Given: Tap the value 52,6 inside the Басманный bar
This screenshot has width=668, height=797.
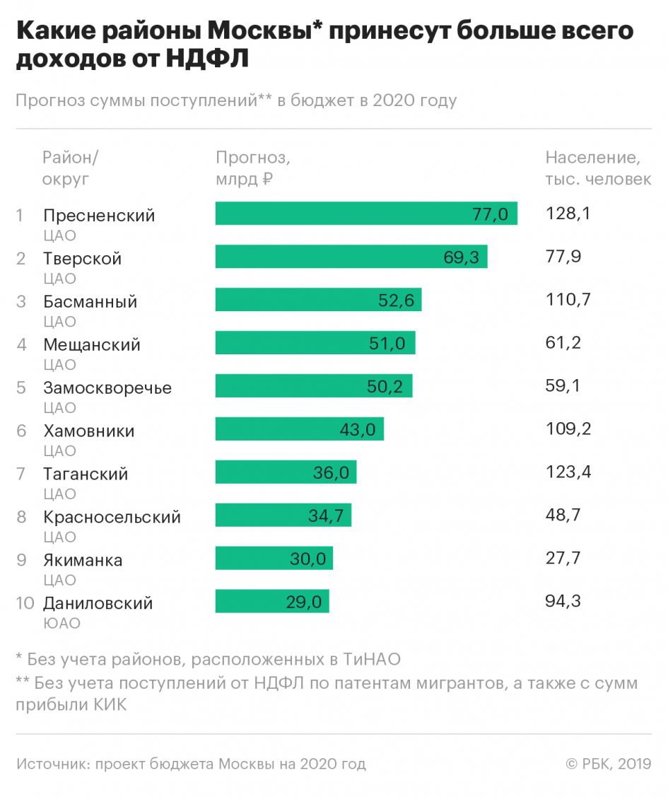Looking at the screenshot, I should [396, 301].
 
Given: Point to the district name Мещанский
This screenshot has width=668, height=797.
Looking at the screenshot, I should [92, 344].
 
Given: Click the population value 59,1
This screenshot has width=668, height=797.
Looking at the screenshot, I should [563, 387].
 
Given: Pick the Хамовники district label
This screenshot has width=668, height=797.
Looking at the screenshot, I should [89, 431].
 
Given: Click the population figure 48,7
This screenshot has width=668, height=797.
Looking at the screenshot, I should [563, 516].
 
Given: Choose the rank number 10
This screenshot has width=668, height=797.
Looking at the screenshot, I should [25, 603].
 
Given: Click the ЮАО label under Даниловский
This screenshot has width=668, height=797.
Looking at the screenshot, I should [61, 624].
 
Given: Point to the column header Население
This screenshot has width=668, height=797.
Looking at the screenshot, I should [592, 157].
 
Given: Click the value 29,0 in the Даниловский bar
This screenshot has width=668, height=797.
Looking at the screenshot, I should [304, 602].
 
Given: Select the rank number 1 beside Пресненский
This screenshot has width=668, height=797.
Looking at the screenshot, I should [20, 215].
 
